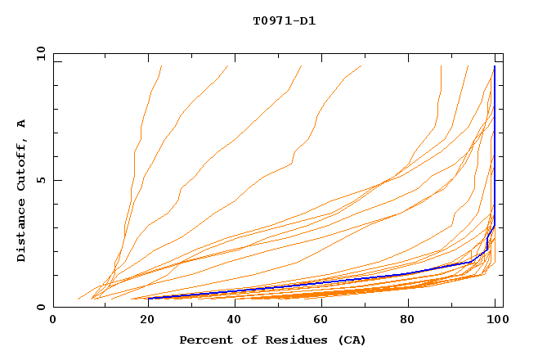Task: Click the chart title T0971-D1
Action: (x=284, y=20)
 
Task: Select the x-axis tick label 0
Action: (x=53, y=322)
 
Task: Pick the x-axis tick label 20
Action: (x=142, y=322)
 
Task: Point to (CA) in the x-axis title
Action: (x=352, y=340)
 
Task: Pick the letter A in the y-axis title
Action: (x=22, y=124)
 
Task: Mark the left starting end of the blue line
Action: (x=149, y=298)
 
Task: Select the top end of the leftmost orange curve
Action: (x=162, y=66)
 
